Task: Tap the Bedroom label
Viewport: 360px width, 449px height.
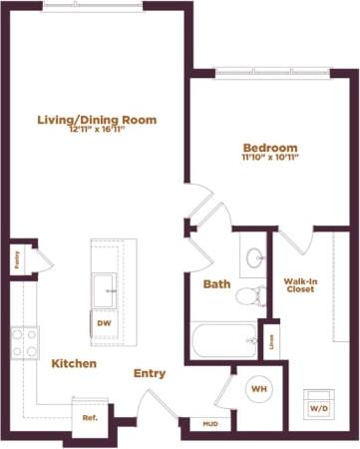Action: [269, 146]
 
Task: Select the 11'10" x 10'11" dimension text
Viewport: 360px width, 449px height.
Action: [269, 156]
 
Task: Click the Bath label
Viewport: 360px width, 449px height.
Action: [216, 283]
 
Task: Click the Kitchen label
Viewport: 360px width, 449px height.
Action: [74, 363]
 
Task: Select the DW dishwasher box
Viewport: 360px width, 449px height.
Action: [103, 323]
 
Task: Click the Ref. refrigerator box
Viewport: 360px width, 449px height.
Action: [89, 417]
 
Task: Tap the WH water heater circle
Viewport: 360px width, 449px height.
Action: [257, 387]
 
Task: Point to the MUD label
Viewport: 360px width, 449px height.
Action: [210, 424]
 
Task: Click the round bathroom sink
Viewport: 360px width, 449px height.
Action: [254, 256]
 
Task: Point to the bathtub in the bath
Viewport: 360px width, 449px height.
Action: [221, 341]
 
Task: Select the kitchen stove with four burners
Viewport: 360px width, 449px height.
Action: [24, 344]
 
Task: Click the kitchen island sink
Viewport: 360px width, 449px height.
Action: [105, 291]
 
